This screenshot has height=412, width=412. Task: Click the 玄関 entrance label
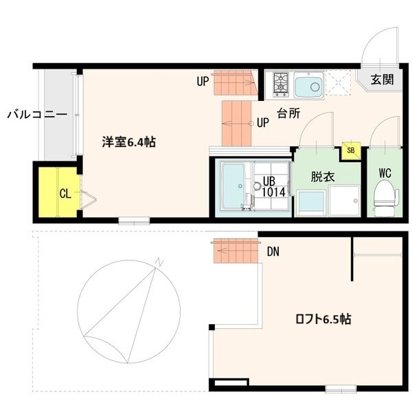pos(382,80)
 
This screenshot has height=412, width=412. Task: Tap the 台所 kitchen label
pos(288,114)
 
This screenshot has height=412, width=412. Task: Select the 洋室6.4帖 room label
pos(128,143)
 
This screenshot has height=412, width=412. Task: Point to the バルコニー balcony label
pos(37,114)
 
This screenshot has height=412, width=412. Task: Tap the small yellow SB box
pos(351,150)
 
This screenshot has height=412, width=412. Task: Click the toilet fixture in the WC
pos(385,196)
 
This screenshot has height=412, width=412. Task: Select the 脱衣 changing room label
pos(322,176)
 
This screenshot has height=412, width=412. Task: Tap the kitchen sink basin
pos(311,87)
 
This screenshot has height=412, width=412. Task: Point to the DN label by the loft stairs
pos(273,253)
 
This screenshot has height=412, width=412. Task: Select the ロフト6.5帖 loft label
pos(323,319)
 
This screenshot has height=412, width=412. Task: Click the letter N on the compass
pos(158,262)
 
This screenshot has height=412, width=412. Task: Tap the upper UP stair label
pos(203,82)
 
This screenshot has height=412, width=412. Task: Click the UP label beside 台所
pos(262,124)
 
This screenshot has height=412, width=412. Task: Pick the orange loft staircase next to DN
pos(236,251)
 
